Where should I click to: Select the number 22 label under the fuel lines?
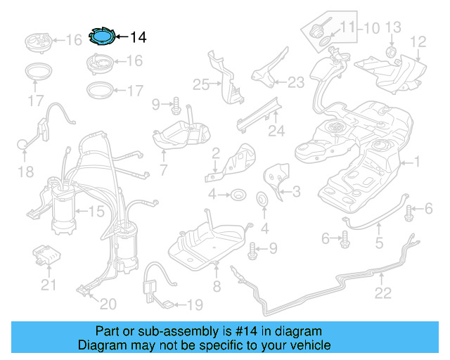tap(382, 293)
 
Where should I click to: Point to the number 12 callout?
tap(418, 42)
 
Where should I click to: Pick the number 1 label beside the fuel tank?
tap(416, 162)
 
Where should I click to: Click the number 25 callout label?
tap(201, 84)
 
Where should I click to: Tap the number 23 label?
tap(295, 82)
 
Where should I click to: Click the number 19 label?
tap(193, 304)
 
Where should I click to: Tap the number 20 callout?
tap(108, 304)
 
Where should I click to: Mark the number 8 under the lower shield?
tap(217, 286)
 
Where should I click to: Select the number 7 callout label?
tap(163, 169)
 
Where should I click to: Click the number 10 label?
tap(371, 28)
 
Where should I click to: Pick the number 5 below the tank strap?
tap(378, 244)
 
